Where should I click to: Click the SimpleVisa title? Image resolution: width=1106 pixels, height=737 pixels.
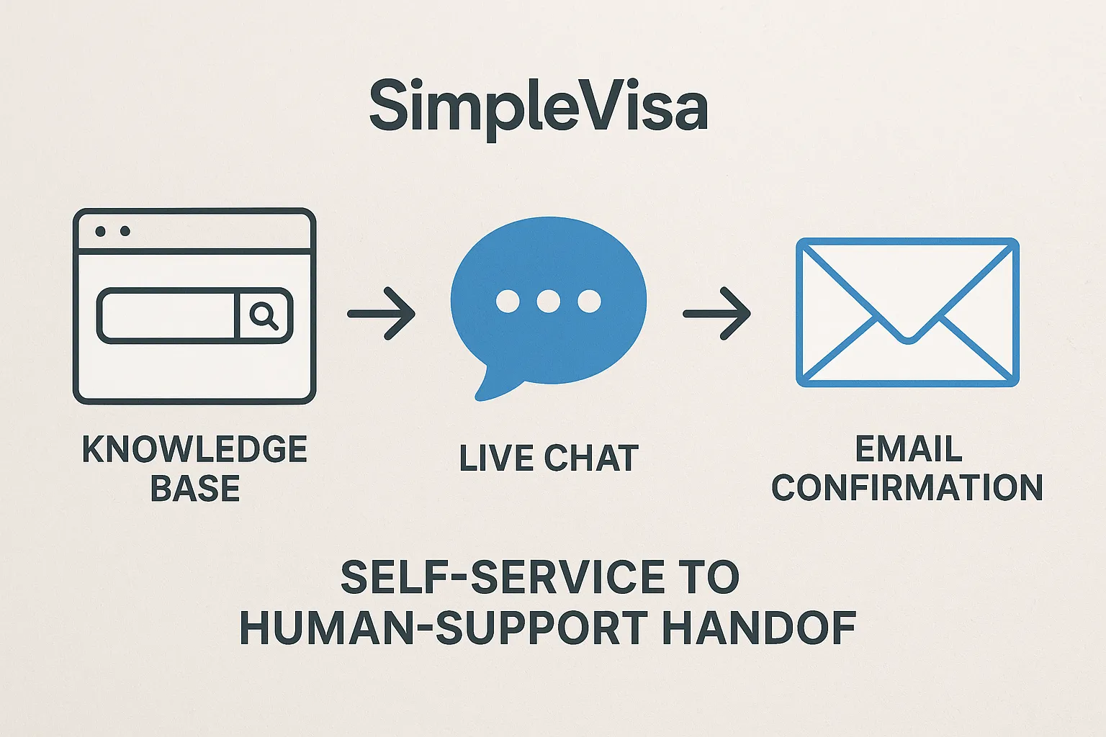click(x=539, y=107)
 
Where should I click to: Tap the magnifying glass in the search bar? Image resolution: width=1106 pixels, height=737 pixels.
click(x=264, y=315)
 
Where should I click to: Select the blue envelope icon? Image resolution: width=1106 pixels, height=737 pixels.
click(x=907, y=312)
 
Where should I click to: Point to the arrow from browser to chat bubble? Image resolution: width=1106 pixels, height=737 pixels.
click(x=382, y=313)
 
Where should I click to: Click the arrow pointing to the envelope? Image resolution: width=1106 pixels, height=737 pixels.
click(x=717, y=313)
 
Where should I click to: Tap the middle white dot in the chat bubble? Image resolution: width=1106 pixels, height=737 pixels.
click(x=549, y=301)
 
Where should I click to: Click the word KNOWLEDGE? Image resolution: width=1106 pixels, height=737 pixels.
click(x=194, y=450)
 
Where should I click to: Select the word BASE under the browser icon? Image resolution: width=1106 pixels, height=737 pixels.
click(x=194, y=489)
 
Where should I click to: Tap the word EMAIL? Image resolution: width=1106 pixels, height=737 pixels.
click(x=909, y=450)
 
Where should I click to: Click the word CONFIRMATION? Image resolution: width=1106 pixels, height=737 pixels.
click(x=907, y=488)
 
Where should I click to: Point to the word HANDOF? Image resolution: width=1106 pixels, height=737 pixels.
click(x=759, y=628)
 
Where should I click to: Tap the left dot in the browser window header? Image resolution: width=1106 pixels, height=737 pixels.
click(x=101, y=231)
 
